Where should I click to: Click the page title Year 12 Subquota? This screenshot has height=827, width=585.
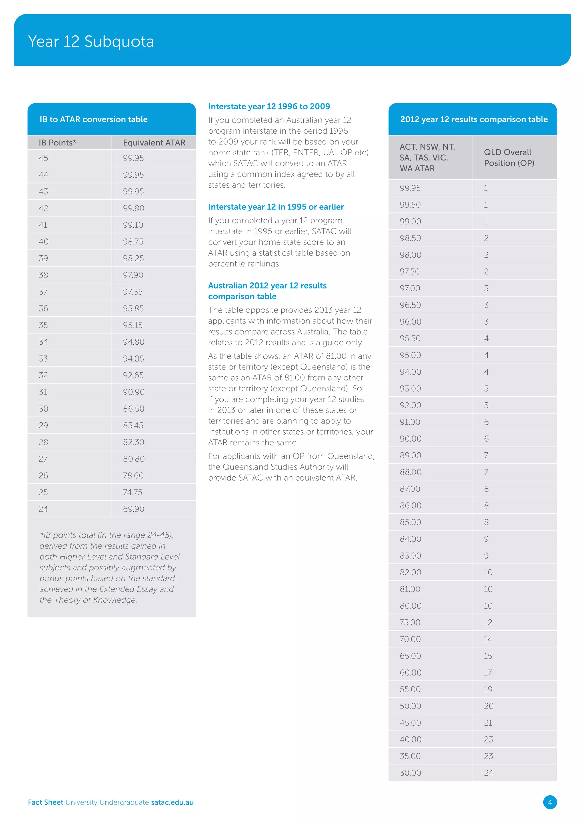(91, 41)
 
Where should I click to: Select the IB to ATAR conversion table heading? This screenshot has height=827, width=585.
(94, 119)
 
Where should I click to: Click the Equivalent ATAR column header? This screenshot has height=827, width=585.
(154, 142)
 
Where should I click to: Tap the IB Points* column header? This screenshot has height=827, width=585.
(57, 142)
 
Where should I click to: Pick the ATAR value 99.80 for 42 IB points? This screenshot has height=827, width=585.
(133, 208)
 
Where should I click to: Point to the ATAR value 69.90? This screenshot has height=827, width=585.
(133, 509)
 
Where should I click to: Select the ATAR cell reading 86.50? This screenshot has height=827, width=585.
(133, 409)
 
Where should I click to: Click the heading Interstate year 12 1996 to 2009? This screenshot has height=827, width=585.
(269, 106)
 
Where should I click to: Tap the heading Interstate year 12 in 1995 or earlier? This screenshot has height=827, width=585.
(276, 207)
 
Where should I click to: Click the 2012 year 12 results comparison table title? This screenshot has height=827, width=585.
(474, 119)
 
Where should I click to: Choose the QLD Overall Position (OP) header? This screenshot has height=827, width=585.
(509, 157)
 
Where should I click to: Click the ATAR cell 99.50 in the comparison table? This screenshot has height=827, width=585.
(410, 204)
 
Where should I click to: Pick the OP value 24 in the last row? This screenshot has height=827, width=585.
(488, 773)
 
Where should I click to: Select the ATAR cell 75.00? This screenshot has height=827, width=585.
(410, 623)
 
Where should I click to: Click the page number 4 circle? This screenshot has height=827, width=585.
(550, 802)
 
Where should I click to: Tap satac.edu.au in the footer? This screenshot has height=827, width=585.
(172, 802)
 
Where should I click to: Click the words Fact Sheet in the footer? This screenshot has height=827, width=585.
(45, 802)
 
